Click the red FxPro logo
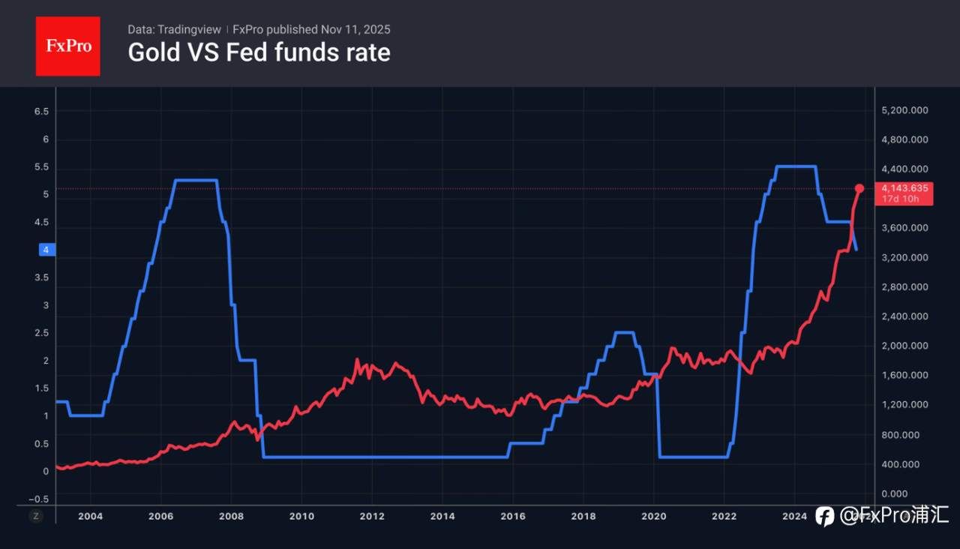pyautogui.click(x=67, y=46)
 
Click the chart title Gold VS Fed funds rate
pyautogui.click(x=259, y=52)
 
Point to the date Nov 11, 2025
pyautogui.click(x=355, y=29)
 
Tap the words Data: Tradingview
pyautogui.click(x=174, y=29)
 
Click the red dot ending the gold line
pyautogui.click(x=859, y=188)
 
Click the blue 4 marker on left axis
pyautogui.click(x=46, y=250)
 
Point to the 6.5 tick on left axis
pyautogui.click(x=41, y=112)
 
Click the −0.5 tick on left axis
pyautogui.click(x=39, y=499)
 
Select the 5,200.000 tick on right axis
pyautogui.click(x=905, y=110)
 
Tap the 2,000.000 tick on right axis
pyautogui.click(x=905, y=346)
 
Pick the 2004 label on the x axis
pyautogui.click(x=90, y=516)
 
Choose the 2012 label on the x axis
pyautogui.click(x=372, y=516)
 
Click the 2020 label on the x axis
pyautogui.click(x=653, y=516)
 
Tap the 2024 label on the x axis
pyautogui.click(x=794, y=516)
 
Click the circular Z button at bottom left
pyautogui.click(x=36, y=516)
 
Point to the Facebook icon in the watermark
pyautogui.click(x=824, y=516)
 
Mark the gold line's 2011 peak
pyautogui.click(x=357, y=360)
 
